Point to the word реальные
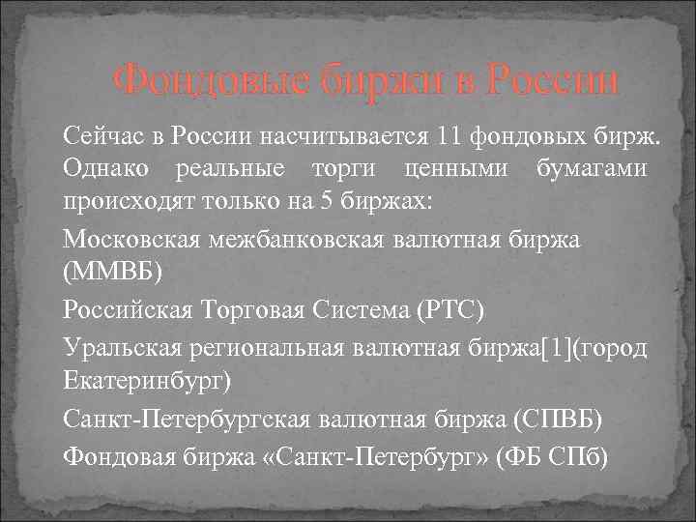(230, 167)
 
